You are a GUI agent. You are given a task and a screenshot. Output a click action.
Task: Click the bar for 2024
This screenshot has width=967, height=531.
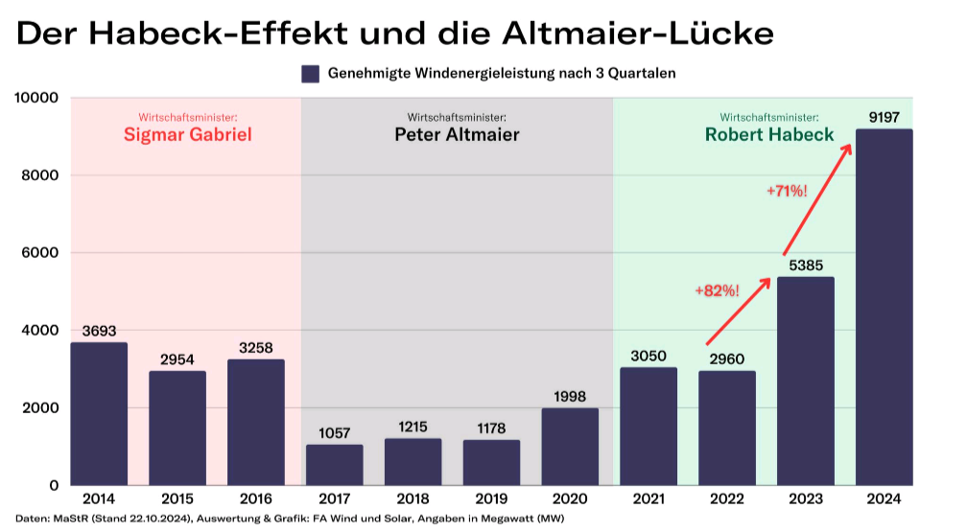[x=884, y=307]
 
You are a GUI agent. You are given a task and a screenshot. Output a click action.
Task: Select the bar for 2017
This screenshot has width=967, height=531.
[x=335, y=465]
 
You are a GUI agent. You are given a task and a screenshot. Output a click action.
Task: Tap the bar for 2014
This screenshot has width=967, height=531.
[x=99, y=413]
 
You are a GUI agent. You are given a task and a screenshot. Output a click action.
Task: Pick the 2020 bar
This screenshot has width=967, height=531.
[x=570, y=447]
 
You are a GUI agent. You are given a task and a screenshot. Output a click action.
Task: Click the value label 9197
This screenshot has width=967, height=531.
[x=884, y=118]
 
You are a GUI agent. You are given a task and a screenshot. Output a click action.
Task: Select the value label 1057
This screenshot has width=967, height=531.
[x=335, y=433]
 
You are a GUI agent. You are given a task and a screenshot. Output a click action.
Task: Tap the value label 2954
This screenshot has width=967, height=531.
[x=177, y=359]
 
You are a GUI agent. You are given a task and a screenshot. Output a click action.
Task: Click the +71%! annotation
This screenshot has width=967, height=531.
[x=787, y=191]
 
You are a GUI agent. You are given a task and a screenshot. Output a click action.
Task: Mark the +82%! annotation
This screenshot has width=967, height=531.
[x=718, y=289]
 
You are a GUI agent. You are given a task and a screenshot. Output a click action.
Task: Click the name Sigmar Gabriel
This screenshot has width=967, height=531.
[x=188, y=134]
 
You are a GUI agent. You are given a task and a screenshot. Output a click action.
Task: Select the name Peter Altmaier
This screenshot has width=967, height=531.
[x=457, y=134]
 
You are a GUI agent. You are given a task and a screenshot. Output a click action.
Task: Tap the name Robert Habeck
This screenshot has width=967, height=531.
[x=769, y=134]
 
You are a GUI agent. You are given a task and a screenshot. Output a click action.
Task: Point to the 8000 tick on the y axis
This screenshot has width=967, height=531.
[x=39, y=175]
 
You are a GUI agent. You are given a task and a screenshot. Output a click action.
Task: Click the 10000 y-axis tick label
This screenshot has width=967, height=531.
[x=35, y=98]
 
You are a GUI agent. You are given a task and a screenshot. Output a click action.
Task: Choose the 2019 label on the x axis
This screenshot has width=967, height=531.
[x=491, y=499]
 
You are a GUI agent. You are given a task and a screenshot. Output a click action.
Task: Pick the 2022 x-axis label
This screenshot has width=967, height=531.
[x=727, y=499]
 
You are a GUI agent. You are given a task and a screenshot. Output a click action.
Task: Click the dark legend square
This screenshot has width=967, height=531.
[x=310, y=74]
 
